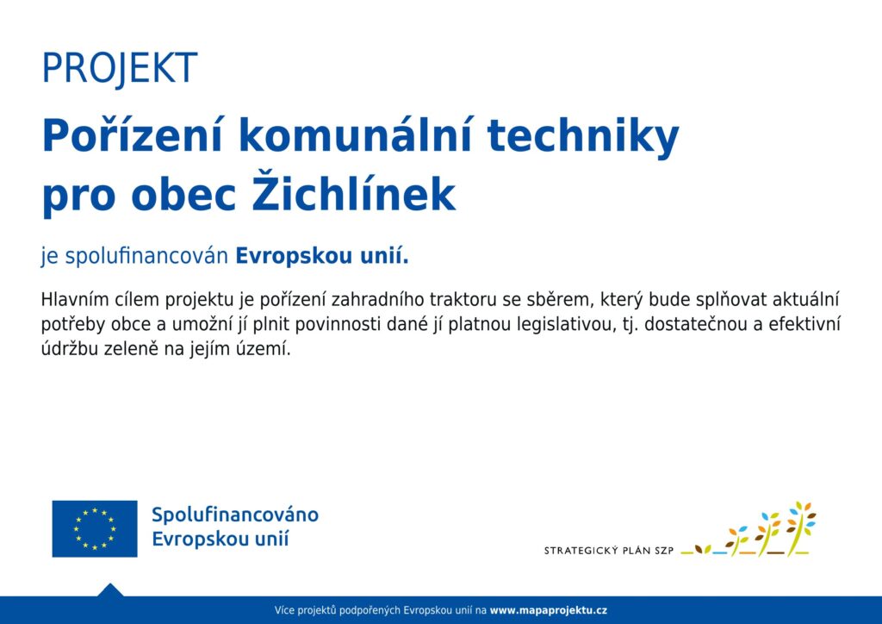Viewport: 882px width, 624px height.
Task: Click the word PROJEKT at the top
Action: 120,68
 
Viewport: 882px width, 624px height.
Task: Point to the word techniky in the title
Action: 583,138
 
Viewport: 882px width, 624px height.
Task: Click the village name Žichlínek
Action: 353,192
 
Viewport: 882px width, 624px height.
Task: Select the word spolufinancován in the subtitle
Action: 146,256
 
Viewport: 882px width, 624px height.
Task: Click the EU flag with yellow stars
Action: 95,528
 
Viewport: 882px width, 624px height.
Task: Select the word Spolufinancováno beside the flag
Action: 235,515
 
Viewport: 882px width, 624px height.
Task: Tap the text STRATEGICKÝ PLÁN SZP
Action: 609,550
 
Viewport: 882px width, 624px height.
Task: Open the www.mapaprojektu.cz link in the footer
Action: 549,610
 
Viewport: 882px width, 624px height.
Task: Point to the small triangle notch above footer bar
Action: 110,590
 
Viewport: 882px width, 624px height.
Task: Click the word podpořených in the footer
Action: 370,610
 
